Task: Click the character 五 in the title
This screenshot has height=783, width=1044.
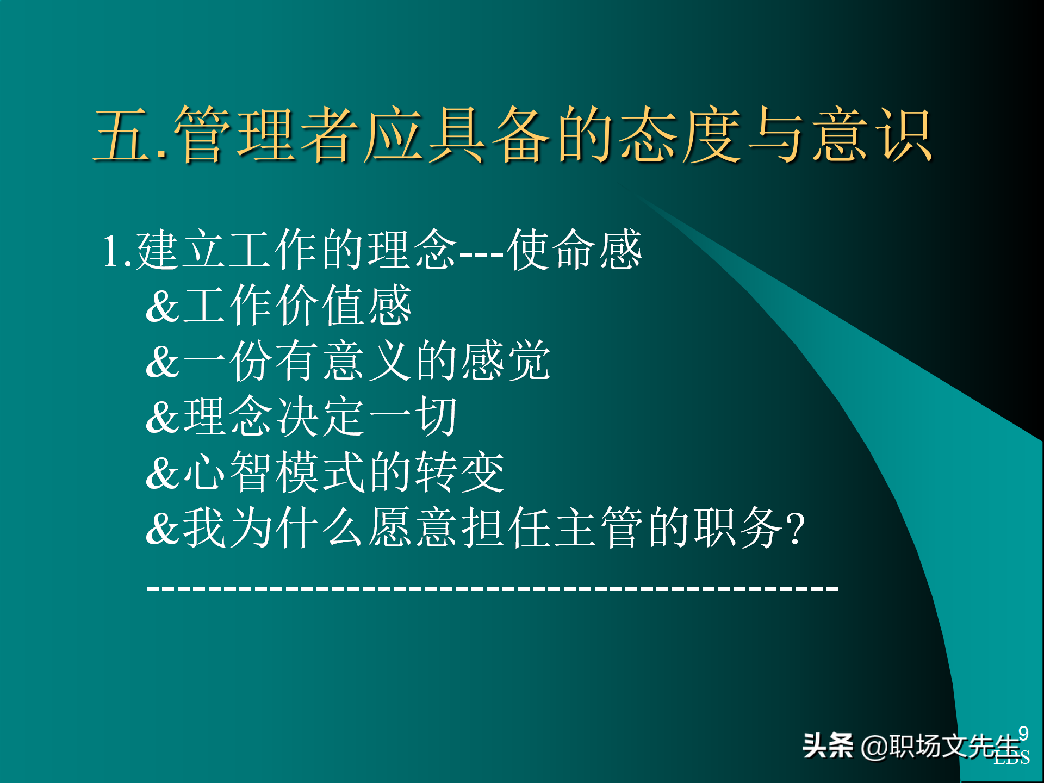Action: pos(122,135)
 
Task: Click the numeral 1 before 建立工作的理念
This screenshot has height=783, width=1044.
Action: pos(111,251)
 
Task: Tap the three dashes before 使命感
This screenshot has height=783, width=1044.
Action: pos(482,253)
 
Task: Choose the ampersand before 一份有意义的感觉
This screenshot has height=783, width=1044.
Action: pos(162,362)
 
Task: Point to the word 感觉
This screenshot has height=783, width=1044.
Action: pos(506,361)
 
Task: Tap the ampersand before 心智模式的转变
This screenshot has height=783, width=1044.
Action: pos(162,473)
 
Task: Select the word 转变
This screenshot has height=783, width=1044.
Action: pos(460,473)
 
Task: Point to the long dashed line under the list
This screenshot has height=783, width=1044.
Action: pos(492,588)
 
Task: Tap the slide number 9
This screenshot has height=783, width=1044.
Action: pos(1023,734)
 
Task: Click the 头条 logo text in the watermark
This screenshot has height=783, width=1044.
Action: pos(828,745)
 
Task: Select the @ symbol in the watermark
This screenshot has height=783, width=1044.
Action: pos(874,747)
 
